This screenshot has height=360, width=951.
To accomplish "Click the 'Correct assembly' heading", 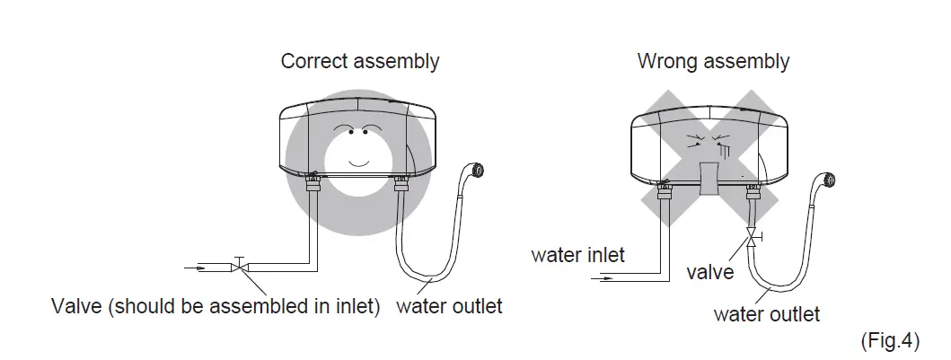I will coord(360,62).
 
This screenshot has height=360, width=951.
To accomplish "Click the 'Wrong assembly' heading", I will coord(713,62).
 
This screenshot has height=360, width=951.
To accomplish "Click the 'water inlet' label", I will coord(577,255).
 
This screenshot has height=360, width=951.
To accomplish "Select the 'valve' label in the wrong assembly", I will coord(710,271).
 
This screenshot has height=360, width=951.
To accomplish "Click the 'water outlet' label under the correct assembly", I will coord(449,306).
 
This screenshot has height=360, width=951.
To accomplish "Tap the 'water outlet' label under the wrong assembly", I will coord(766,313).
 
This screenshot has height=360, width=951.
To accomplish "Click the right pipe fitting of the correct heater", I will coord(401,187).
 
